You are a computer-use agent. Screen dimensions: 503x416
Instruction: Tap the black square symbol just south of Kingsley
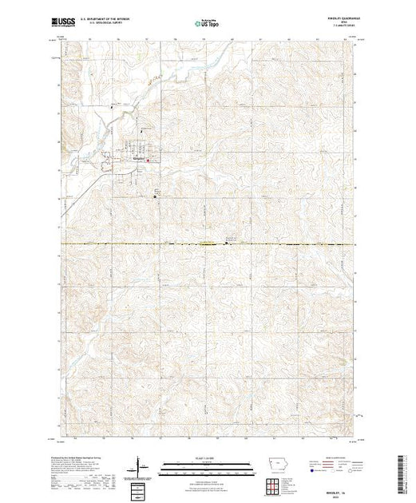(x=156, y=196)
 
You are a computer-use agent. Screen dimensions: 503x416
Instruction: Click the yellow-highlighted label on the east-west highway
(x=208, y=244)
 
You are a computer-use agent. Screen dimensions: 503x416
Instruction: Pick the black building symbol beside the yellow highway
(x=226, y=241)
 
